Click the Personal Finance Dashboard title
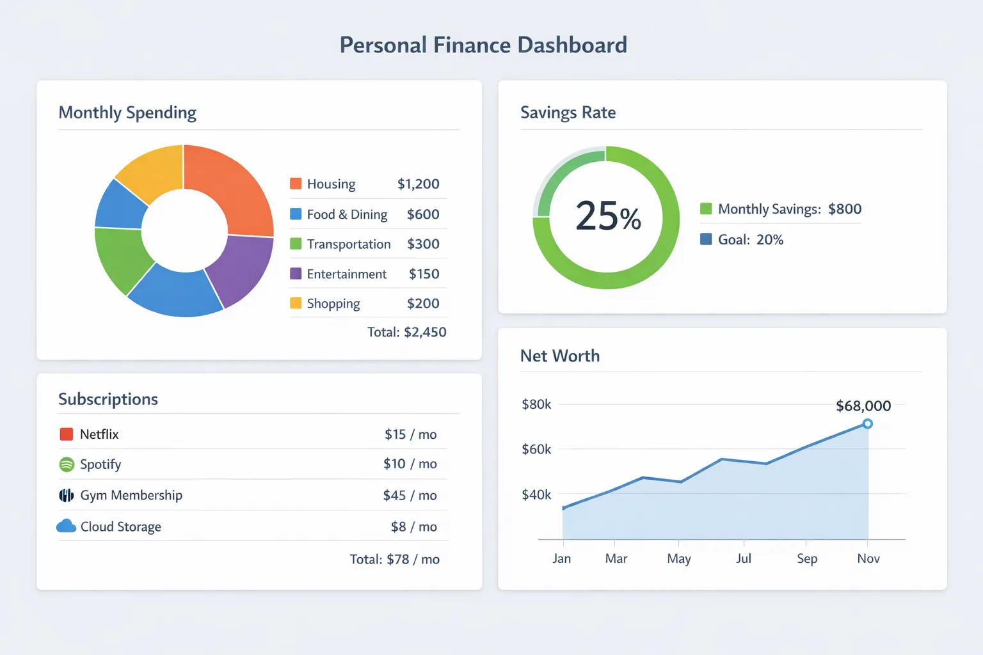click(x=483, y=45)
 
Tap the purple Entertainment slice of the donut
click(x=240, y=269)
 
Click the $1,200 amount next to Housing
click(x=418, y=184)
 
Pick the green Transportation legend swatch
click(x=296, y=244)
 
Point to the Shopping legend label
click(x=333, y=304)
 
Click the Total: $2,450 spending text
click(x=406, y=332)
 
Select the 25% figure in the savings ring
click(x=607, y=216)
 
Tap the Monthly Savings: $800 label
click(x=789, y=209)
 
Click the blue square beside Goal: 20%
click(x=706, y=239)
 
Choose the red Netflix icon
click(x=66, y=434)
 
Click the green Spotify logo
click(x=67, y=464)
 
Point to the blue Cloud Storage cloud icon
click(x=66, y=526)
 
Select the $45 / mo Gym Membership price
click(x=410, y=495)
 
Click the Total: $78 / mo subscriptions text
click(x=394, y=559)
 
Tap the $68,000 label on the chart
click(x=863, y=406)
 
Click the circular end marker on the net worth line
click(x=867, y=423)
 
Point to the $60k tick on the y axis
click(x=536, y=449)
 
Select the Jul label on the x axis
click(x=743, y=558)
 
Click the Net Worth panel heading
click(x=559, y=356)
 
